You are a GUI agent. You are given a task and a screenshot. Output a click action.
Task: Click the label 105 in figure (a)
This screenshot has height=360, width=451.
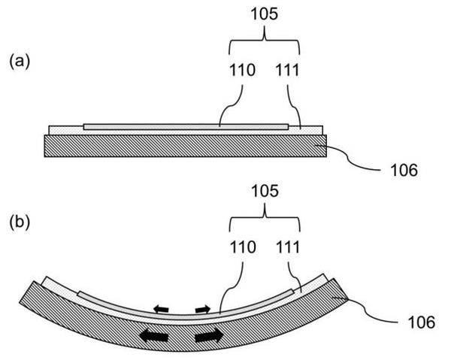[265, 14]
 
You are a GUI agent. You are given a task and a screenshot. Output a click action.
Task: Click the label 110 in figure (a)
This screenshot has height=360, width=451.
[242, 70]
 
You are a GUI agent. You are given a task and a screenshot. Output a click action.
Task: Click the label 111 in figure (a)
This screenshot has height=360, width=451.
[287, 70]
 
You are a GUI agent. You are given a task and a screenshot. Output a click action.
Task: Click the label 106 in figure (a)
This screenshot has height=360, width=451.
[404, 170]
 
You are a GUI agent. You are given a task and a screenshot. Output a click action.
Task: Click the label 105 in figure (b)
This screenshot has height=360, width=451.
[265, 191]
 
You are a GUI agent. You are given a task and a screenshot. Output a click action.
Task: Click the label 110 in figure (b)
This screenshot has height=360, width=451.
[243, 247]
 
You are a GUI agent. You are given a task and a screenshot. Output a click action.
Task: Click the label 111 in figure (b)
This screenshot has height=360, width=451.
[288, 247]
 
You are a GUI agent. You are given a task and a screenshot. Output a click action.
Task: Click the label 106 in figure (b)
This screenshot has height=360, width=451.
[422, 322]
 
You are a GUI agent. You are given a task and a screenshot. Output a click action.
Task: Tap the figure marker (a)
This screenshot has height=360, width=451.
[20, 62]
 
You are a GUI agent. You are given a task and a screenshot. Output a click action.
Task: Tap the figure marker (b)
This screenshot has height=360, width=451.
[20, 223]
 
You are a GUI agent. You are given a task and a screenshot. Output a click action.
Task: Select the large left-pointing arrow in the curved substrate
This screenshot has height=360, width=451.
[154, 336]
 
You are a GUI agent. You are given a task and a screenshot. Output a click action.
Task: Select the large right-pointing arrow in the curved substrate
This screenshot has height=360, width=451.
[209, 335]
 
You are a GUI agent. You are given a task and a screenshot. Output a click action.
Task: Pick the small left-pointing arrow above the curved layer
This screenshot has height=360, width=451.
[161, 309]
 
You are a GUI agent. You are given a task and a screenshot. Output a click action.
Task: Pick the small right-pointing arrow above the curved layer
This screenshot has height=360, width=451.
[203, 309]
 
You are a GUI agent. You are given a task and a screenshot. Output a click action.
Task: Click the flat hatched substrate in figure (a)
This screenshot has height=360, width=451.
[185, 146]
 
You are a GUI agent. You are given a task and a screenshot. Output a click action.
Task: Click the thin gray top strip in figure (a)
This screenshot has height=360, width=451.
[186, 127]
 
